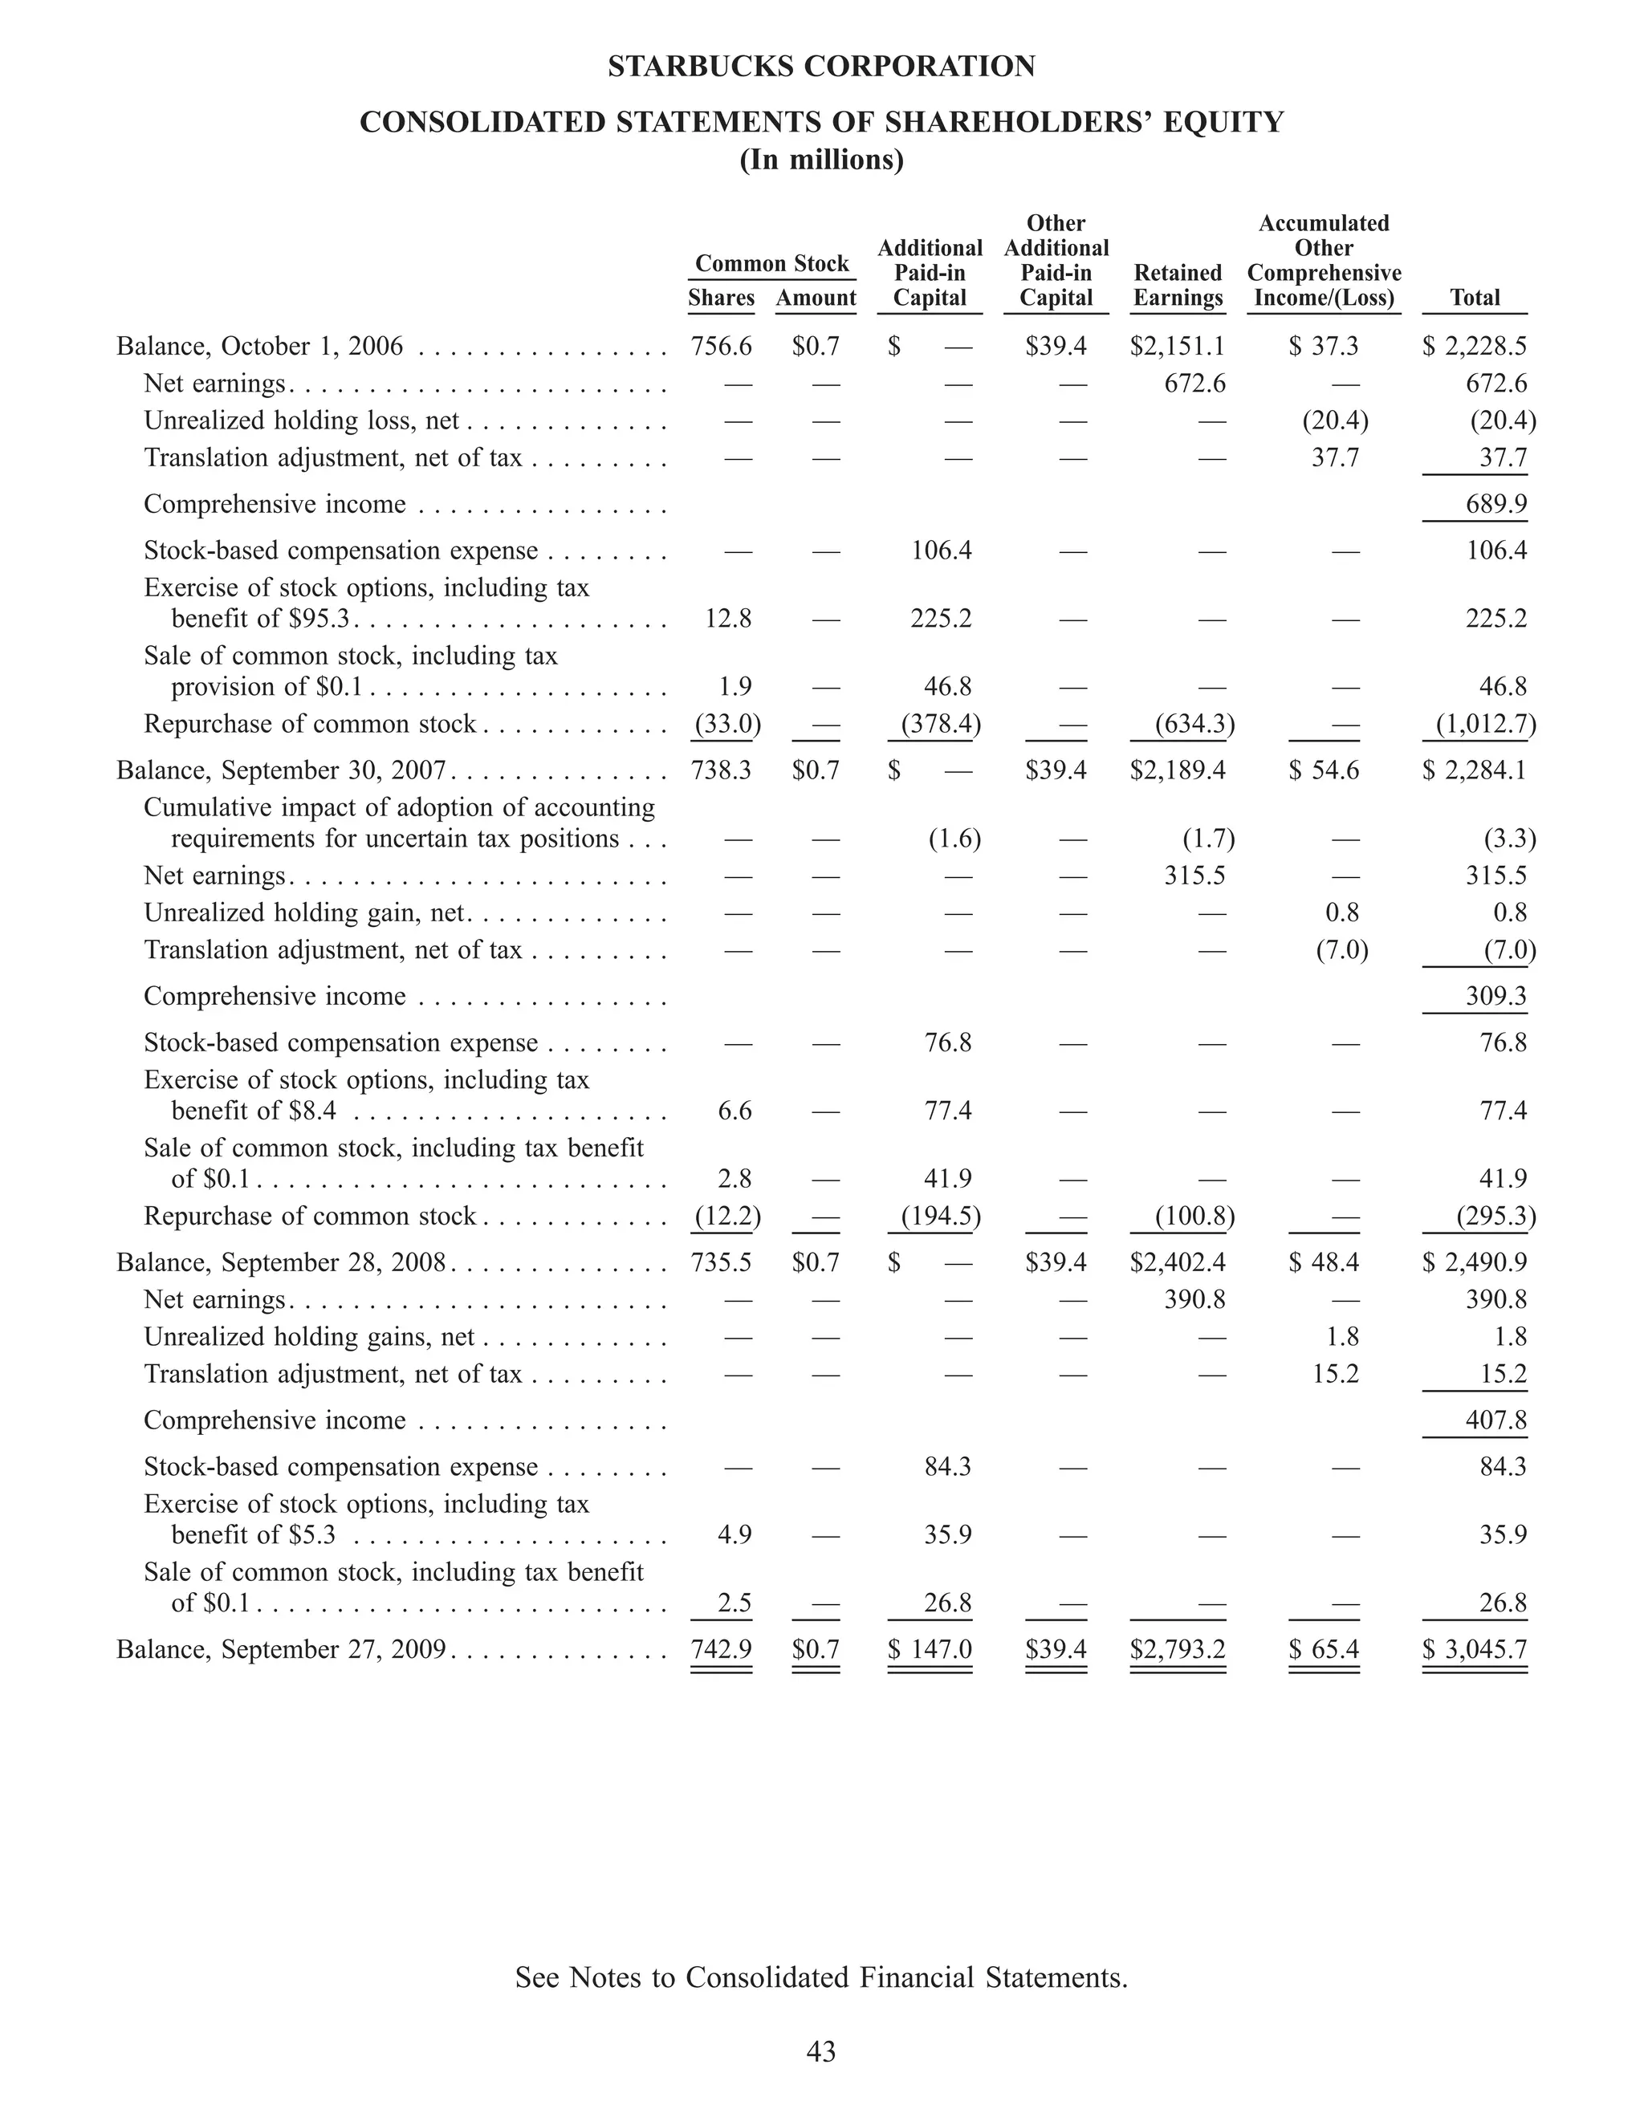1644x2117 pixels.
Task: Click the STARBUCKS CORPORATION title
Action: click(821, 67)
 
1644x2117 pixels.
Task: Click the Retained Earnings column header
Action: click(1178, 285)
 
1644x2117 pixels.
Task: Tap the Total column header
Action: click(1475, 298)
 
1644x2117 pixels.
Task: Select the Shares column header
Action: click(721, 298)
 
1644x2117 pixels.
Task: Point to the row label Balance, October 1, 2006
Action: click(260, 346)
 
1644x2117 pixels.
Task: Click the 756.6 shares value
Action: click(721, 346)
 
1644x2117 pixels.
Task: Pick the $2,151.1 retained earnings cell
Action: click(1178, 346)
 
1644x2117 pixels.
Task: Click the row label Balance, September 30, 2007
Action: click(281, 770)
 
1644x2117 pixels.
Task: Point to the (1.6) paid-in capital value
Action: click(954, 839)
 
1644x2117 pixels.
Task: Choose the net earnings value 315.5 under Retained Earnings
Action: click(1194, 876)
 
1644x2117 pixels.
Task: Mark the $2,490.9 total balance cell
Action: click(1475, 1262)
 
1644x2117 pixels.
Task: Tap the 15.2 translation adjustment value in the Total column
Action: click(1504, 1375)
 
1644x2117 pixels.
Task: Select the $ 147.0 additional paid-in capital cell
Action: click(930, 1649)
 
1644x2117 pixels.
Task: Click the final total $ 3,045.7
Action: click(1475, 1649)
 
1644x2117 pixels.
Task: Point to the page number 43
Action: click(821, 2051)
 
